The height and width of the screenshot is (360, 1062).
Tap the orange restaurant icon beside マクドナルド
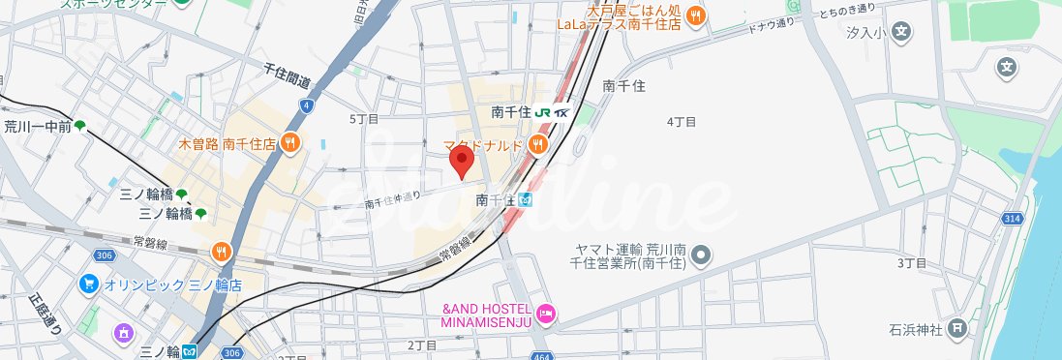tap(537, 145)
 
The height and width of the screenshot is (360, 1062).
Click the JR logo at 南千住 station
tap(543, 111)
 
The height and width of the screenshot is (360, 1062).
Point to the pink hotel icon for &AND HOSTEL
tap(547, 313)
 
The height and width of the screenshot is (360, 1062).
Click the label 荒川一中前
tap(37, 126)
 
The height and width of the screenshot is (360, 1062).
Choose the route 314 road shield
tap(1013, 221)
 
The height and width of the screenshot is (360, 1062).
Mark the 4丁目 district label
tap(682, 122)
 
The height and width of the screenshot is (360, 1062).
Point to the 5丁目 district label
tap(363, 118)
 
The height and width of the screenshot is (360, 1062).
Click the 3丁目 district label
tap(912, 263)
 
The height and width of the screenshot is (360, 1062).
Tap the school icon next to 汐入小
tap(902, 32)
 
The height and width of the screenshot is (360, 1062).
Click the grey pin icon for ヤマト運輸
tap(703, 255)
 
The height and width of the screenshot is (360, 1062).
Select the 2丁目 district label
tap(422, 345)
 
